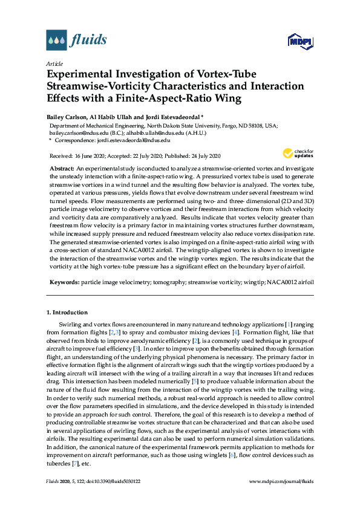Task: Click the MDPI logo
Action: coord(300,41)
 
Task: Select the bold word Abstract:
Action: coord(62,167)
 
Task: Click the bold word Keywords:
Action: coord(64,282)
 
